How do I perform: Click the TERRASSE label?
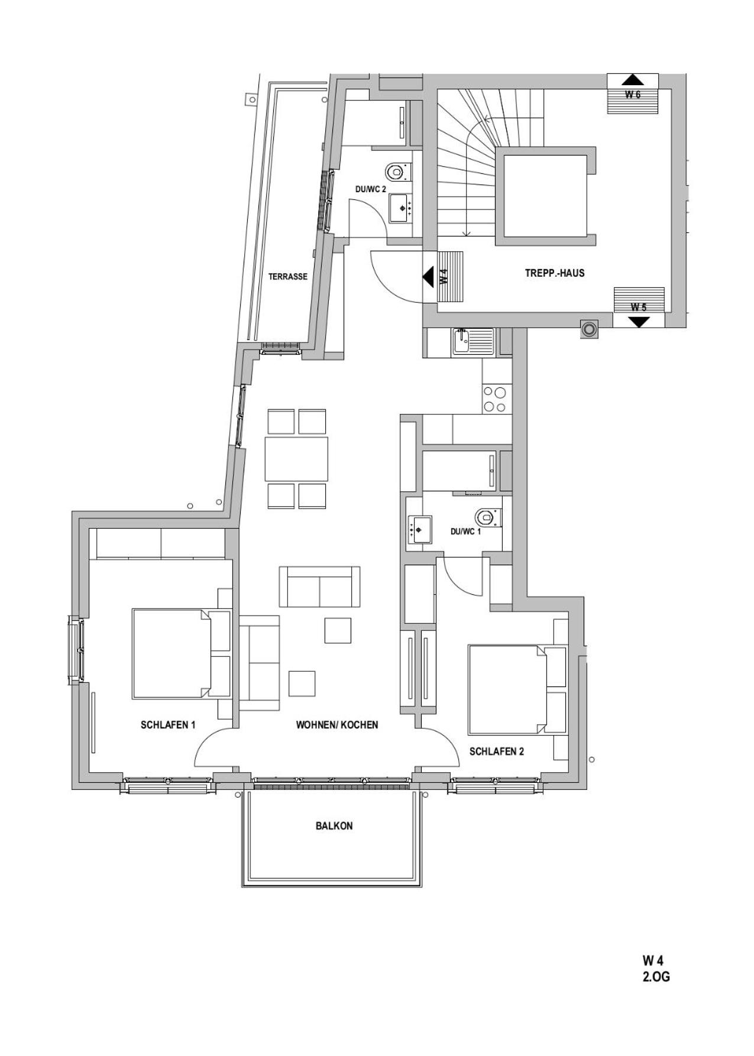(x=288, y=276)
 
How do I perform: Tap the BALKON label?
(x=334, y=826)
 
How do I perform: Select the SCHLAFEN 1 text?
(x=168, y=725)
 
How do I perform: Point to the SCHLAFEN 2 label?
(x=497, y=751)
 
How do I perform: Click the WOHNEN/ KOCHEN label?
(x=337, y=725)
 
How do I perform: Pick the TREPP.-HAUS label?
(x=555, y=273)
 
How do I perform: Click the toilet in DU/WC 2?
(x=395, y=172)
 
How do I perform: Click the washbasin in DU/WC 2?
(x=402, y=208)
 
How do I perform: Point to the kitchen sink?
(x=473, y=341)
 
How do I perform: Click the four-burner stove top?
(x=495, y=399)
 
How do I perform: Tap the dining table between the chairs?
(x=296, y=459)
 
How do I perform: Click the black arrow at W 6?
(x=633, y=80)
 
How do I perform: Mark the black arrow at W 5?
(x=639, y=322)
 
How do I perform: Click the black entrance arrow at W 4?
(x=428, y=276)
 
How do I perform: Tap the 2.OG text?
(x=656, y=977)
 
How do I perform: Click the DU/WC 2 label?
(x=371, y=189)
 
